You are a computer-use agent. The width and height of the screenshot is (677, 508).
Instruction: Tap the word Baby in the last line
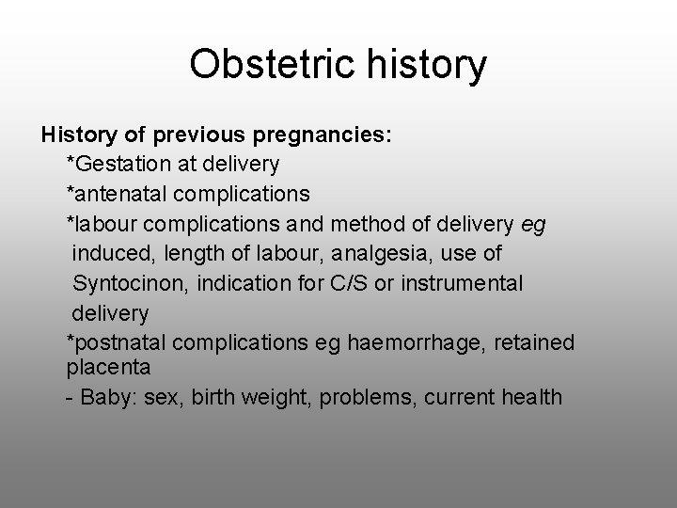[105, 396]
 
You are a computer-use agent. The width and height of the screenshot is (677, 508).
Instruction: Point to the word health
[530, 396]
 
